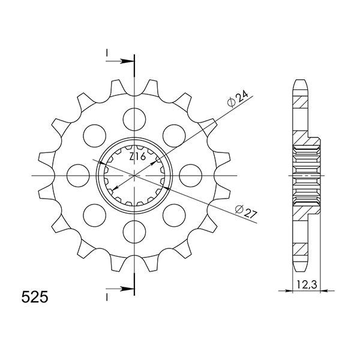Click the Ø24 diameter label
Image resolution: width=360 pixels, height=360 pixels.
[238, 99]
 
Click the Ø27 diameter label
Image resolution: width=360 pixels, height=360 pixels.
[245, 212]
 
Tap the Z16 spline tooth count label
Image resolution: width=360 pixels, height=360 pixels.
[137, 157]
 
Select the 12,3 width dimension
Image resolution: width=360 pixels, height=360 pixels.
[307, 285]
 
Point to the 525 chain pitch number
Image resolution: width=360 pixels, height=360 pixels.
[35, 298]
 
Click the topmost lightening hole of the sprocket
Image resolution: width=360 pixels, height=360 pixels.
[134, 119]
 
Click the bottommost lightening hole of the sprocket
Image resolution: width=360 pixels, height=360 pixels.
[134, 232]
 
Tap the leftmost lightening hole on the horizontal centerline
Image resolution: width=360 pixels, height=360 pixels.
[78, 176]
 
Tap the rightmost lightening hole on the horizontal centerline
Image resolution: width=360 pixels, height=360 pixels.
[191, 176]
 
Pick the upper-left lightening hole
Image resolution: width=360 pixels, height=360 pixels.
[95, 136]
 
